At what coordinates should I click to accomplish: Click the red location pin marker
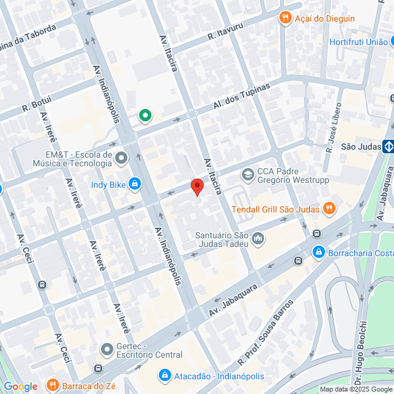coord(196,187)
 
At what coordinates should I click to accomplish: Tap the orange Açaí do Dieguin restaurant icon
coord(284,18)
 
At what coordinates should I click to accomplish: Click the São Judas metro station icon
coord(388,147)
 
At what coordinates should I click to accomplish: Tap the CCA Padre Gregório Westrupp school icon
coord(247,175)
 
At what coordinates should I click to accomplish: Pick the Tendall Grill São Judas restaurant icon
coord(329,209)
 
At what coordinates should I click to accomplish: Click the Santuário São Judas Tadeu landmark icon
coord(257,238)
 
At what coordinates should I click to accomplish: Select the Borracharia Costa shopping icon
coord(318,252)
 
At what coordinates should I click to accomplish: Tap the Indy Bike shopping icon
coord(135,184)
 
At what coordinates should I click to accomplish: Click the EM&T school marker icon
coord(121,159)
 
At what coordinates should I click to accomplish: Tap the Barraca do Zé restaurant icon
coord(52,386)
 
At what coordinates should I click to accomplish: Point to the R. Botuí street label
coord(36,103)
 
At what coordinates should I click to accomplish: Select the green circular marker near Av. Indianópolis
coord(145,115)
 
